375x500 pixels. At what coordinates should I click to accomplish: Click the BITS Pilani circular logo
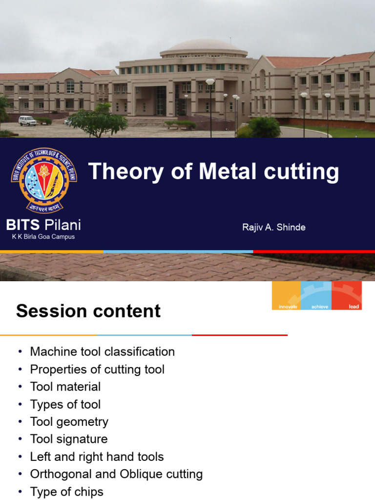(x=44, y=181)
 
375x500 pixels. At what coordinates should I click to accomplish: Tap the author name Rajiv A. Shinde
(x=274, y=227)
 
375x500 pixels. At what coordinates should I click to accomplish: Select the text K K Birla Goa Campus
(x=43, y=237)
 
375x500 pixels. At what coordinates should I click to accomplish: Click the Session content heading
(x=88, y=311)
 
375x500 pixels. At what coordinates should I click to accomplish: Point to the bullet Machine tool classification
(x=102, y=352)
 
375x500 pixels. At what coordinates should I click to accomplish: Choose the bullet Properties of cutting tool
(x=97, y=369)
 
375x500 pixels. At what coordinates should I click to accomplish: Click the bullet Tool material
(x=65, y=387)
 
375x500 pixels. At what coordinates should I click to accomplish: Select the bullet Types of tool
(x=65, y=404)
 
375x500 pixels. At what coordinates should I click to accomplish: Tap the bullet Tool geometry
(x=69, y=422)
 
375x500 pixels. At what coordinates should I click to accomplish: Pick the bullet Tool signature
(x=68, y=439)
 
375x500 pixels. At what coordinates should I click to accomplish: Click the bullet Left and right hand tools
(x=97, y=457)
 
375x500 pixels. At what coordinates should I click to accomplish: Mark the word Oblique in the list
(x=144, y=474)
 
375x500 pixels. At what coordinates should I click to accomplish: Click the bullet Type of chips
(x=66, y=492)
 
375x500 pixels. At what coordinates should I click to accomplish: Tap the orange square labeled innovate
(x=287, y=295)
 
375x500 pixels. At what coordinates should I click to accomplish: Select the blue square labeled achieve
(x=316, y=295)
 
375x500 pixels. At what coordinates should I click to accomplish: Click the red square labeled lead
(x=347, y=295)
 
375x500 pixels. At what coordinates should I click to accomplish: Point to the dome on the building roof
(x=204, y=47)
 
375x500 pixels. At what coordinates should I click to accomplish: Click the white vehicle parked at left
(x=27, y=120)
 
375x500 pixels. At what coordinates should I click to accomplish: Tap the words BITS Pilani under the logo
(x=43, y=225)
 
